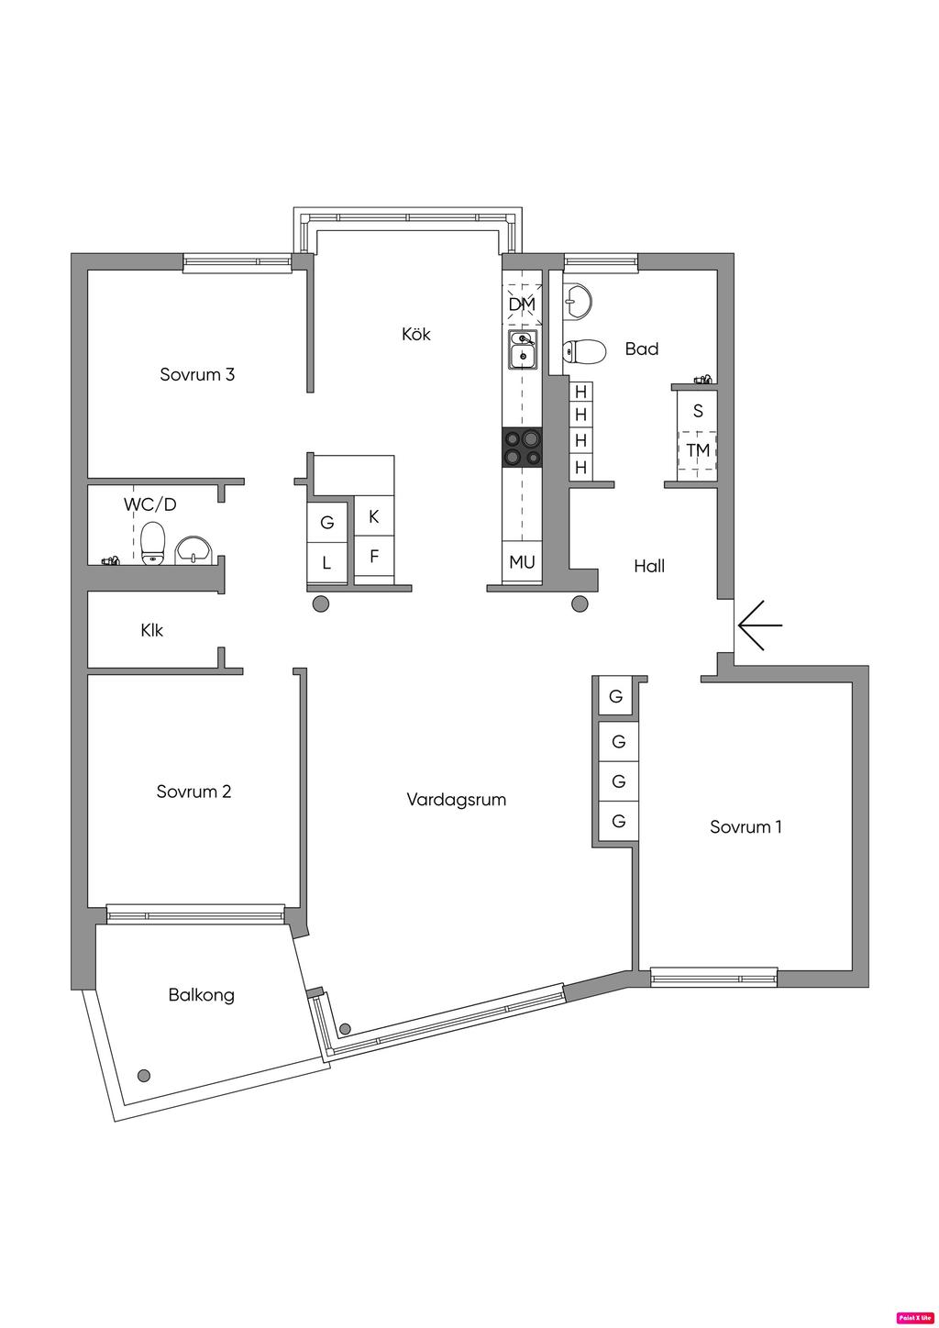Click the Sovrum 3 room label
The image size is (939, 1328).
coord(197,374)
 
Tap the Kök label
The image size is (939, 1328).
coord(415,334)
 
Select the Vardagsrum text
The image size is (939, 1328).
coord(456,800)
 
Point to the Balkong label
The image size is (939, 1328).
coord(201,995)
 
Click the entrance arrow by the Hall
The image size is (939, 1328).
coord(759,625)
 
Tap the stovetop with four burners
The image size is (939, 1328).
coord(522,448)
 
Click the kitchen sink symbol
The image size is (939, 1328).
coord(523,349)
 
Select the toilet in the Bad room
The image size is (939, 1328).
coord(584,351)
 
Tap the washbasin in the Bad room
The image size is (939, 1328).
coord(578,299)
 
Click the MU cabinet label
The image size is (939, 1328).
coord(522,562)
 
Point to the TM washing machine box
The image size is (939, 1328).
coord(698,450)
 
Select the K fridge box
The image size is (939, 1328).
coord(373,517)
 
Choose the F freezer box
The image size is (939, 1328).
coord(373,557)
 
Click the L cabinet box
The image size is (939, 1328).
coord(326,563)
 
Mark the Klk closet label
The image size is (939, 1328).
coord(152,631)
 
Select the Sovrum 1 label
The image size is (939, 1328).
coord(746,827)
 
